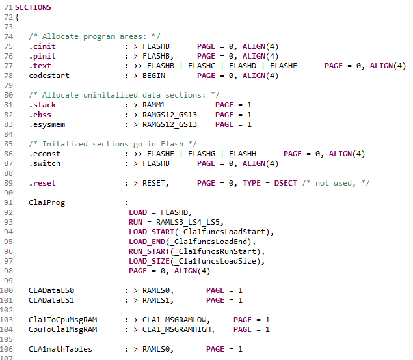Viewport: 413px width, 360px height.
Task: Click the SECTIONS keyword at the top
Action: coord(33,7)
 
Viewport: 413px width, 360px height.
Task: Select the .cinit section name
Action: coord(42,46)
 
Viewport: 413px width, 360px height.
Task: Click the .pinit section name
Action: coord(42,56)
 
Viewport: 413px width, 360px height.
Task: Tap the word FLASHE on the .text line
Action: coord(284,66)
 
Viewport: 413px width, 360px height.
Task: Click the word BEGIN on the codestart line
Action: coord(154,76)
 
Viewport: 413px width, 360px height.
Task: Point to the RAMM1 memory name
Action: coord(154,105)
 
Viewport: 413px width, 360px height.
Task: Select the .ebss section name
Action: coord(40,115)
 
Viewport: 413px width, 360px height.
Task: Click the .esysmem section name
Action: coord(47,124)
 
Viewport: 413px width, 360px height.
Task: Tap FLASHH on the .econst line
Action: coord(243,154)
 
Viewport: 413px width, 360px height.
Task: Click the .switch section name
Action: coord(44,163)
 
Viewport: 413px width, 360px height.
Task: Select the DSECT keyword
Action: coord(286,183)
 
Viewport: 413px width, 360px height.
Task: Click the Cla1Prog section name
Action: coord(47,202)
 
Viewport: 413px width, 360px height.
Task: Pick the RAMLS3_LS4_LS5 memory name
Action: coord(188,222)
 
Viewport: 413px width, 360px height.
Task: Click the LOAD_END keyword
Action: coord(147,242)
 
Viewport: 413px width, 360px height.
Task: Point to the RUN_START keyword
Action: coord(149,251)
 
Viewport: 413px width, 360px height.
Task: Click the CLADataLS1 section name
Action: coord(51,300)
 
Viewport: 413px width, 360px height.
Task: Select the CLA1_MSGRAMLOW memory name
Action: coord(174,320)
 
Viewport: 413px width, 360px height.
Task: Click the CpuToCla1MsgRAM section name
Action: coord(62,329)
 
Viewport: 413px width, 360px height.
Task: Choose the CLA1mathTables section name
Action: coord(60,349)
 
